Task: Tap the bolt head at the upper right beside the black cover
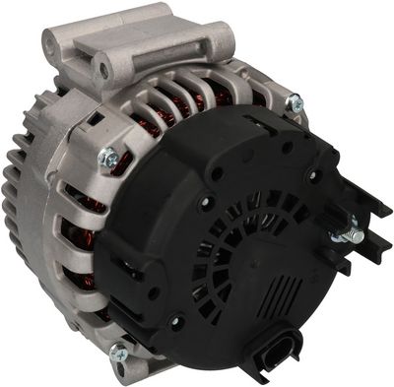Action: pos(293,100)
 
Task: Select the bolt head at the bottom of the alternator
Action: pos(119,352)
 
